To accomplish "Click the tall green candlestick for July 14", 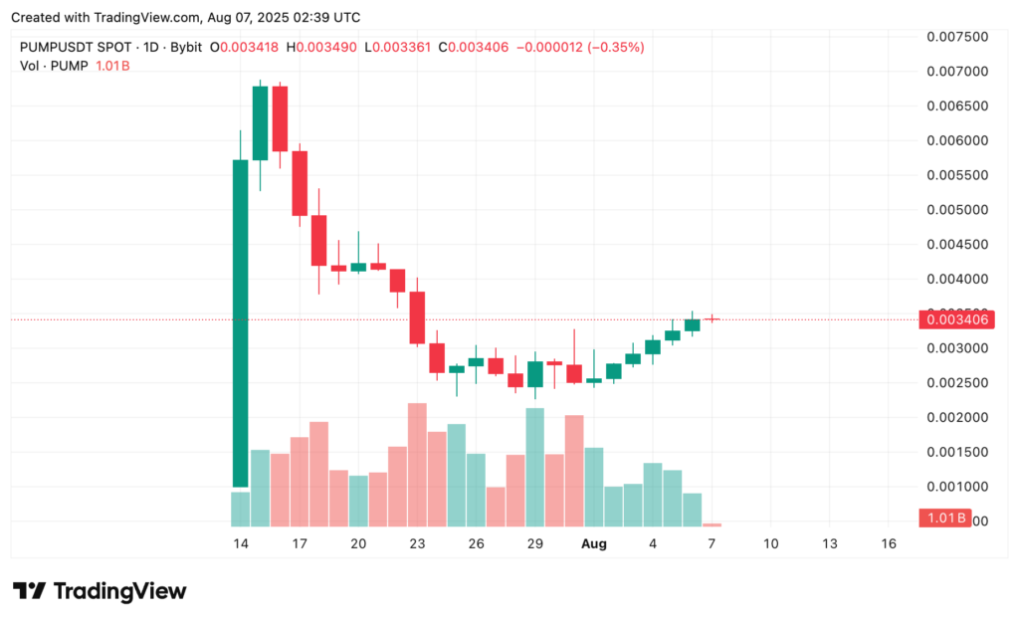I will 240,322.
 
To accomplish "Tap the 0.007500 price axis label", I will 956,37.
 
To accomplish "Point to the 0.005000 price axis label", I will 956,210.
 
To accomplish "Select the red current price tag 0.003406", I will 956,319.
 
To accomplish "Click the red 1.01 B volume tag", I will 941,518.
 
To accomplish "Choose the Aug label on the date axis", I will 594,544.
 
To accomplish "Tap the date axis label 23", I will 417,544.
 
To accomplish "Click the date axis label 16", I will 889,544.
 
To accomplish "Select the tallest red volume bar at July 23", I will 417,464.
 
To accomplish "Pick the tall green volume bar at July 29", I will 534,467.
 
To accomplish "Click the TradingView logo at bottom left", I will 100,590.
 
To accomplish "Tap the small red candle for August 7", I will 712,319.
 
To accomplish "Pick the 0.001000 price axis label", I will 956,487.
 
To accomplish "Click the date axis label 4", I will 653,544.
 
